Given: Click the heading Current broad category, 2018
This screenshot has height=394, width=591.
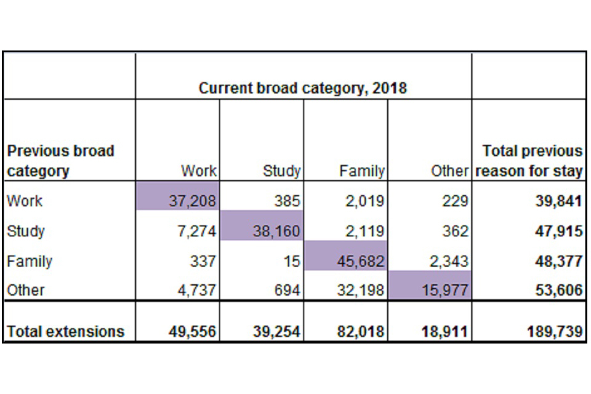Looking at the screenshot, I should [x=302, y=88].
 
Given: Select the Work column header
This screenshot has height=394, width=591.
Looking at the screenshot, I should [x=199, y=171].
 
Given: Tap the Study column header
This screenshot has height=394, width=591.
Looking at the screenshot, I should [x=281, y=171].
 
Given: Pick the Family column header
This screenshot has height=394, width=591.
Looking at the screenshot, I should [x=362, y=171].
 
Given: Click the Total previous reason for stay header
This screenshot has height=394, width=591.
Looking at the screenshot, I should [x=529, y=161].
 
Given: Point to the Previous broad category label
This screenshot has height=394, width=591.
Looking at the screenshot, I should [x=60, y=161].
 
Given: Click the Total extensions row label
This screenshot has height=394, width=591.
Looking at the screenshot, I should [x=65, y=332].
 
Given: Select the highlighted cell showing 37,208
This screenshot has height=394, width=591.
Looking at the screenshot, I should [x=192, y=201].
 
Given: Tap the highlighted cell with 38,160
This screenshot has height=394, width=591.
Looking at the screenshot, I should [x=276, y=231].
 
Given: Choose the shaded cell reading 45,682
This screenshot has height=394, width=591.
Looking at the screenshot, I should [x=360, y=261].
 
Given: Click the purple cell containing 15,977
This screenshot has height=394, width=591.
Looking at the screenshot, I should [x=444, y=290].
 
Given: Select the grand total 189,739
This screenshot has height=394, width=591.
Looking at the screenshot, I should [x=555, y=332].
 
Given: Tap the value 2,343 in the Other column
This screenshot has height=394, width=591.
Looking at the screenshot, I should [x=448, y=261].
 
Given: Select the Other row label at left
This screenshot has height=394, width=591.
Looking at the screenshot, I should [x=26, y=290].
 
